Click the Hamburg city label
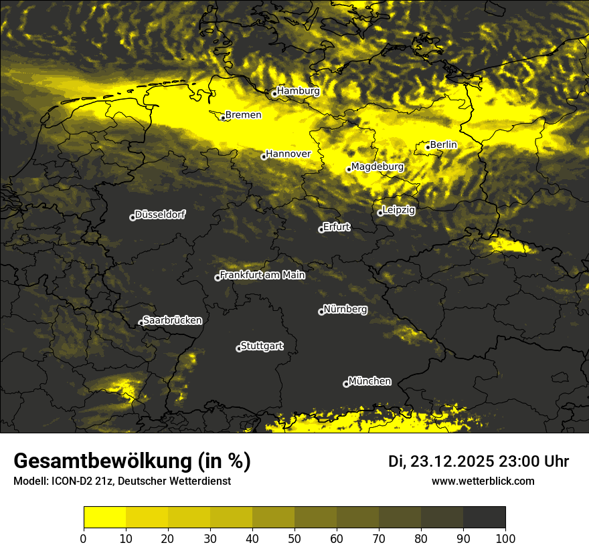tap(299, 91)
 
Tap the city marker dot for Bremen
tap(223, 118)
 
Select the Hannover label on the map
tap(288, 154)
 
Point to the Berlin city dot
tap(428, 147)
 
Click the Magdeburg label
tap(377, 166)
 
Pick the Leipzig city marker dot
tap(380, 213)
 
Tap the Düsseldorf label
tap(160, 215)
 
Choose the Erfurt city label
tap(336, 227)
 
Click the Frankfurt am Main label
tap(262, 275)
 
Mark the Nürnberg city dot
tap(321, 312)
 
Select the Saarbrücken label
tap(172, 320)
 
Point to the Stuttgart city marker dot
tap(239, 348)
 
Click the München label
tap(369, 381)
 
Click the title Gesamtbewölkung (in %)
tap(132, 461)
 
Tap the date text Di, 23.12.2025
tap(441, 461)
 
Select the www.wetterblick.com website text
tap(483, 481)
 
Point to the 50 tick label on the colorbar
tap(294, 538)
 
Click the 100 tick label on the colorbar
tap(505, 538)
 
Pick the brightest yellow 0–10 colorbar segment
tap(104, 518)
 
